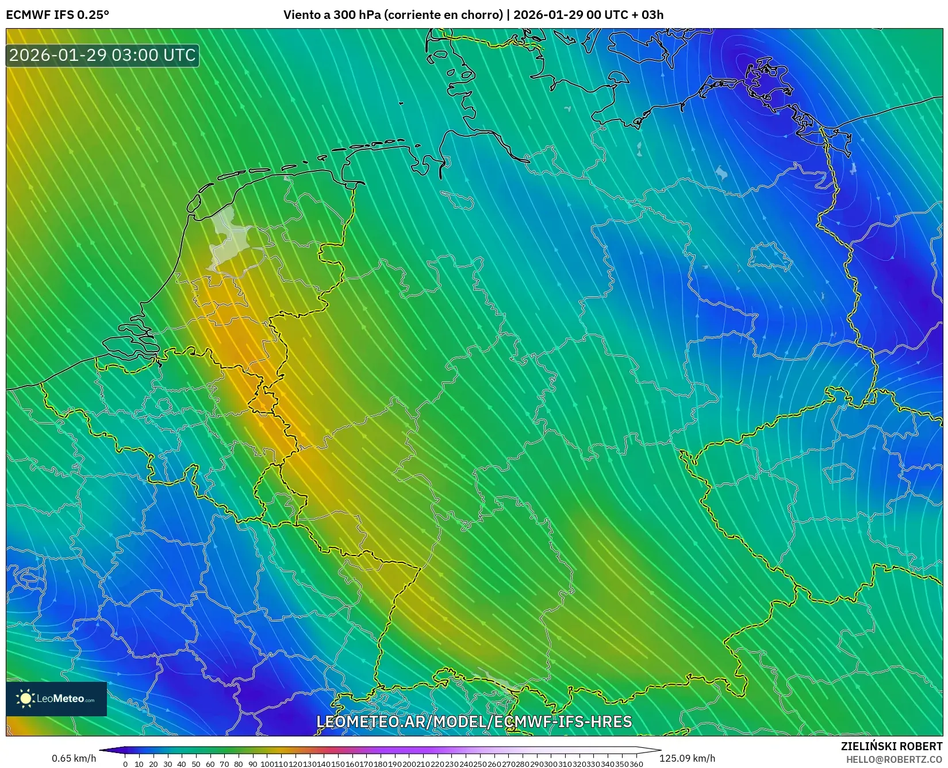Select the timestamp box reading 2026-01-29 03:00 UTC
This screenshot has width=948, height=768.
click(x=102, y=55)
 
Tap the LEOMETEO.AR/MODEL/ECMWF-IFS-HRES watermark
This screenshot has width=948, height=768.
click(x=474, y=721)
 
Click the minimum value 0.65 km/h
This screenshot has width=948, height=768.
click(x=74, y=758)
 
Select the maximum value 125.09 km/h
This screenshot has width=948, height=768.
click(x=687, y=758)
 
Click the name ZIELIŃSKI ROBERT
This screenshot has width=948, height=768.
click(x=892, y=746)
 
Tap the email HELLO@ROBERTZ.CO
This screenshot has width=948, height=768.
click(x=894, y=759)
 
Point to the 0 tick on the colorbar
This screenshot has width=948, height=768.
click(x=125, y=764)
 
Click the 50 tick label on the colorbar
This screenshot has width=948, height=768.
click(x=196, y=764)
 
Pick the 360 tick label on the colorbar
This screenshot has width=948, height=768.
click(x=636, y=764)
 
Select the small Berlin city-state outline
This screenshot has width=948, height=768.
click(x=770, y=257)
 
